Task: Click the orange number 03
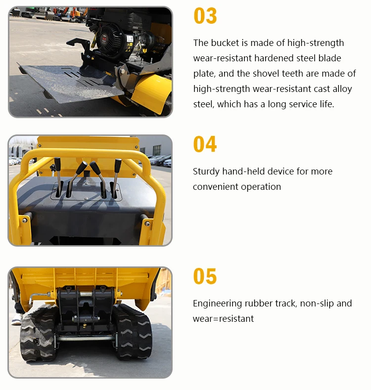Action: [205, 16]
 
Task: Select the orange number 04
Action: [205, 144]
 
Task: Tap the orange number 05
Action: [205, 277]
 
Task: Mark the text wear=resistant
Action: [223, 319]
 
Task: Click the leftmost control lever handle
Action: [57, 166]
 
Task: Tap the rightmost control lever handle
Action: [118, 165]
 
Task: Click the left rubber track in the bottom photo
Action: [38, 334]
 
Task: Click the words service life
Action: [310, 104]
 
